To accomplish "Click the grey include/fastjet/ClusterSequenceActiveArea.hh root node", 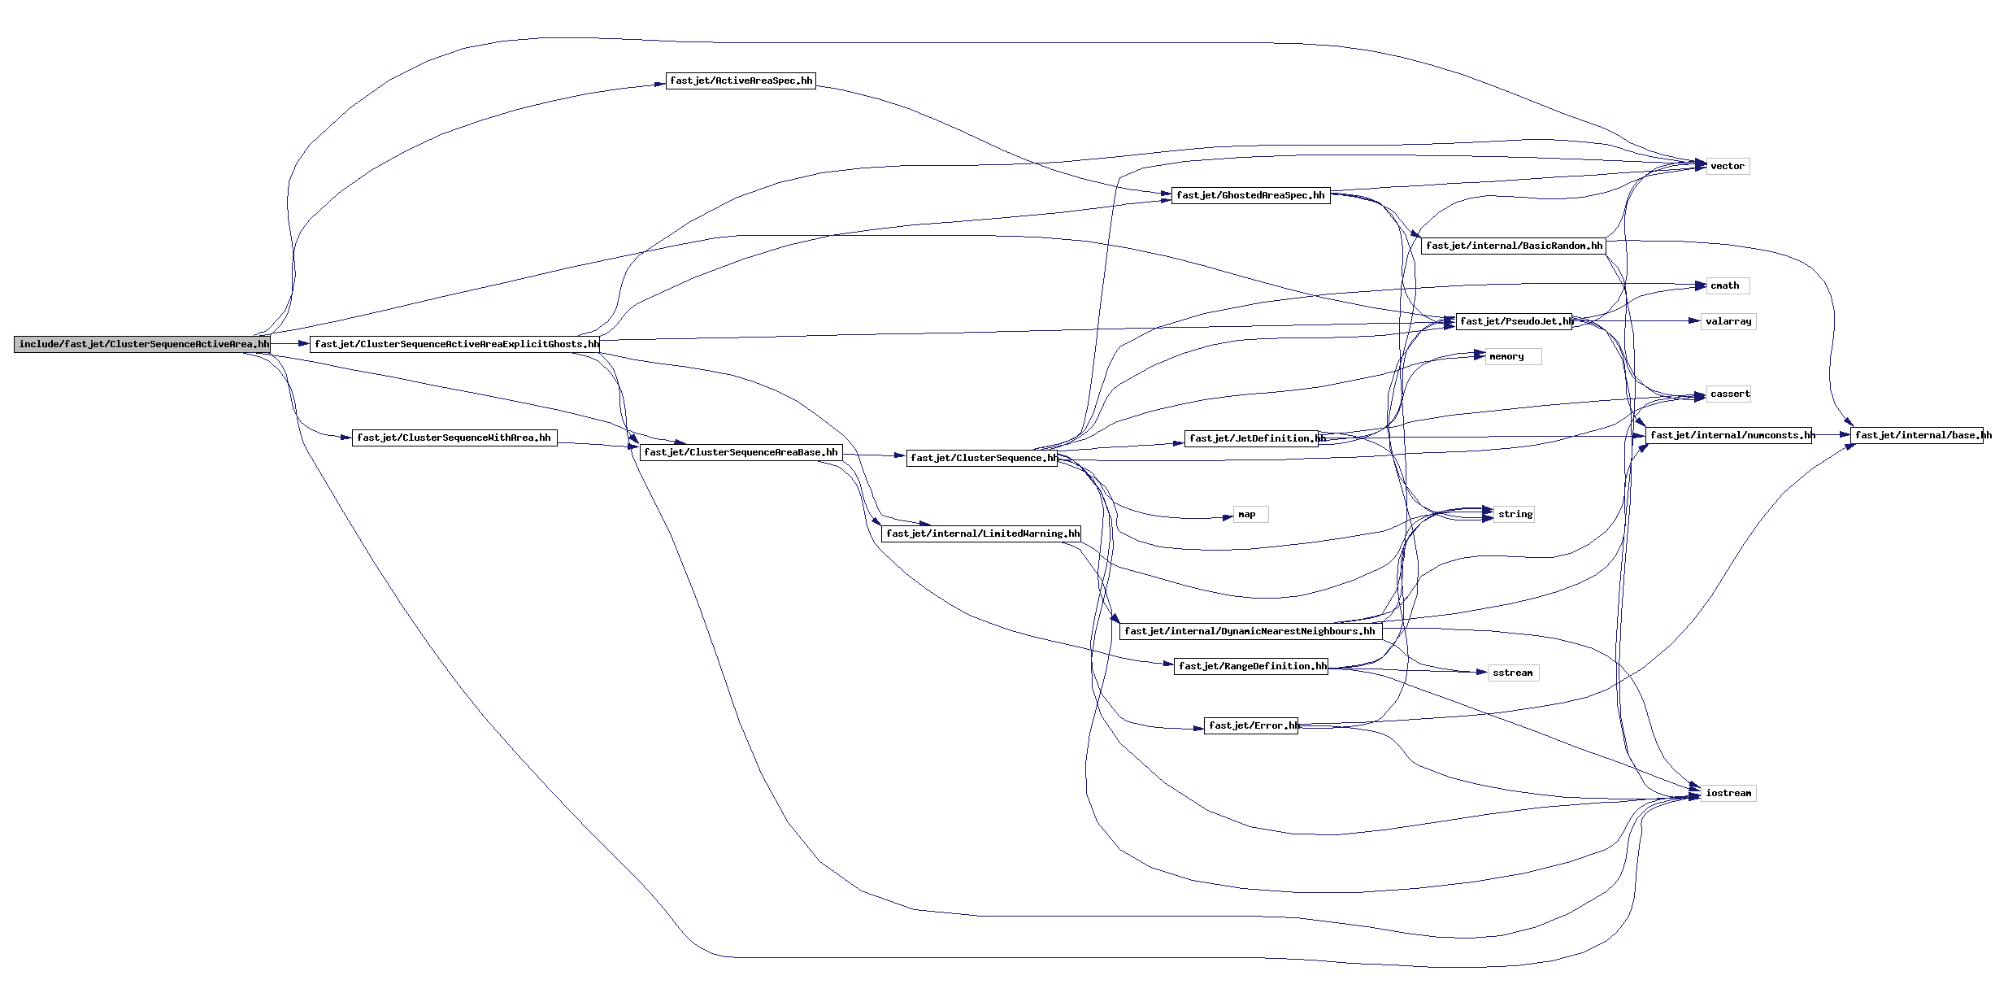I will pos(142,344).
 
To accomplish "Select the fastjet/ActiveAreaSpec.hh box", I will pos(740,81).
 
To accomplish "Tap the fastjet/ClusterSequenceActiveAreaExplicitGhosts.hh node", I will pos(455,344).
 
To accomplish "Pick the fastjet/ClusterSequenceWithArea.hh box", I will pos(454,438).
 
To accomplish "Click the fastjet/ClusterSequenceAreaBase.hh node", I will pos(740,452).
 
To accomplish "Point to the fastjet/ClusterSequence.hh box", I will pos(982,458).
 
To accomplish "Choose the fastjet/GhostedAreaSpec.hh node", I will pos(1250,195).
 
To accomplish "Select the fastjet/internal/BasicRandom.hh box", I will pos(1513,246).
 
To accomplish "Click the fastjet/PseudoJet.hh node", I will pos(1514,321).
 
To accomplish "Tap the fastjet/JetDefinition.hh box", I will pos(1255,438).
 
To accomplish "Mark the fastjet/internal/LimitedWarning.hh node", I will pos(981,534).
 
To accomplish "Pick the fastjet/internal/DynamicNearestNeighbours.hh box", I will pos(1250,631).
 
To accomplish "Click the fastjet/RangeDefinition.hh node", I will pos(1250,666).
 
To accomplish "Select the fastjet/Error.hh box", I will pos(1250,725).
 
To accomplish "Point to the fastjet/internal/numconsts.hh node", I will pos(1729,435).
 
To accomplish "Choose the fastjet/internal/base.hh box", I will pos(1920,435).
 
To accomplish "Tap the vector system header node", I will pos(1727,166).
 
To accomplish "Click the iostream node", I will pos(1728,793).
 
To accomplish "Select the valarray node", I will pos(1728,321).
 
